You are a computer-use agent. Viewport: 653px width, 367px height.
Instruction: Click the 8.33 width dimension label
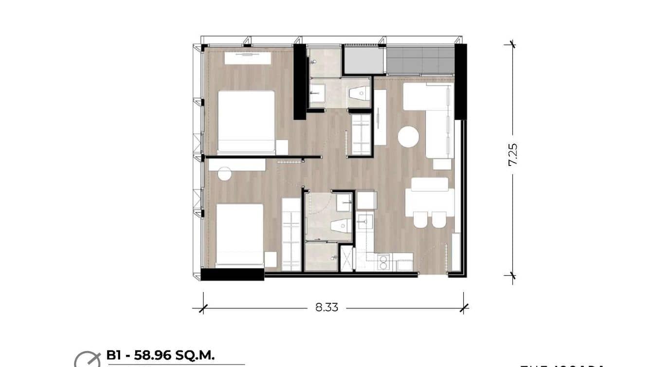326,308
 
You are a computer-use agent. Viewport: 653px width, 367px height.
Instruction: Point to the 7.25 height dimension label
512,154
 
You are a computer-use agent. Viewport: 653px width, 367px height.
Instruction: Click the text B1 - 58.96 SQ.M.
160,355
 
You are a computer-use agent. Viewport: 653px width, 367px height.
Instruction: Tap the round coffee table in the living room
408,137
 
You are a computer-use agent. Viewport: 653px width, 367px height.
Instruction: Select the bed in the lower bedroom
239,235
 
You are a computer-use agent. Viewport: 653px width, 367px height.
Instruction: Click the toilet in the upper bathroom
359,93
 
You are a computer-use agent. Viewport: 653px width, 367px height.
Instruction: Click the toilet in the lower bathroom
341,225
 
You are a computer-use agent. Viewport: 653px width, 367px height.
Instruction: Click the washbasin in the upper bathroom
318,93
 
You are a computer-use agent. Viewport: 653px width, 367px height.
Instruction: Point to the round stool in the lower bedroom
224,174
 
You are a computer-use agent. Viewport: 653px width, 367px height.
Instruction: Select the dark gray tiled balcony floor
420,60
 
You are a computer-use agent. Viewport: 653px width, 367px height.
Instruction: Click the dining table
429,202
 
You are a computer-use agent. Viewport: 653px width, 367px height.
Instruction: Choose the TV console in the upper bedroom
247,58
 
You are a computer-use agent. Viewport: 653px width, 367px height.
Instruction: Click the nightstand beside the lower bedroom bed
271,259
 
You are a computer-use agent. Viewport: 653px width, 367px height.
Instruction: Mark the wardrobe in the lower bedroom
291,235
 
